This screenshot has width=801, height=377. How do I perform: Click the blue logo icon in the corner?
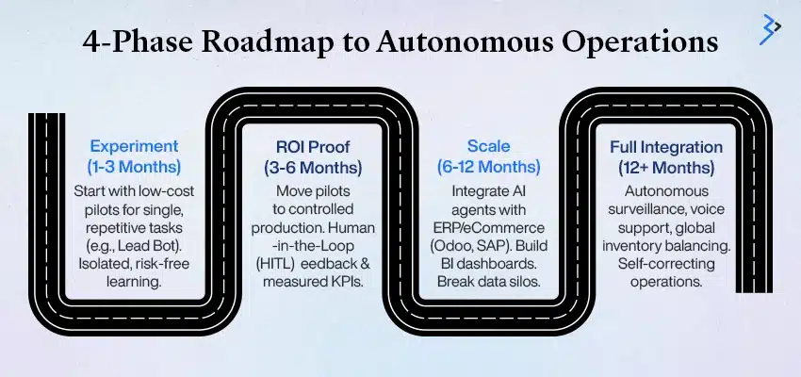coord(770,28)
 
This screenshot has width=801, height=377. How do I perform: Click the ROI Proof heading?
coord(311,147)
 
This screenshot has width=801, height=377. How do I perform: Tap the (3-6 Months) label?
coord(311,167)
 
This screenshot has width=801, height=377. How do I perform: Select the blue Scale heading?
coord(488,147)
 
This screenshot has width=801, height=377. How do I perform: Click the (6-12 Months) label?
coord(488,167)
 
